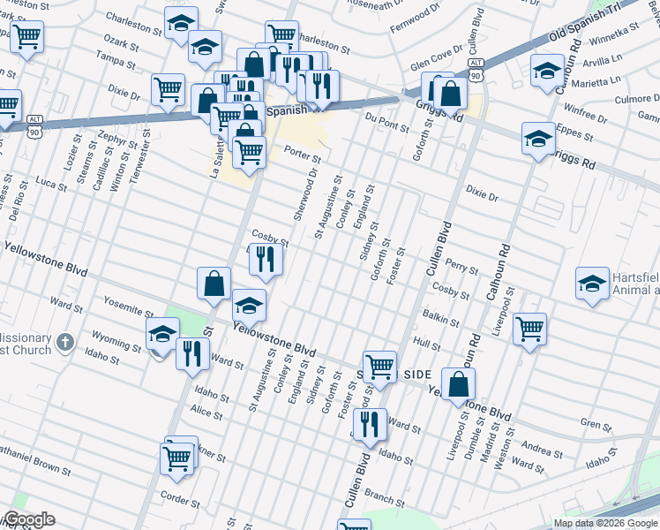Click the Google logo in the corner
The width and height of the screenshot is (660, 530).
pyautogui.click(x=28, y=519)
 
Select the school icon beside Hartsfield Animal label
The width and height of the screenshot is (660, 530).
pyautogui.click(x=592, y=284)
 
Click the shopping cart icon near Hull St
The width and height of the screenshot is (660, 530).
pyautogui.click(x=529, y=329)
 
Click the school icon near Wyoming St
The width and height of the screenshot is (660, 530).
pyautogui.click(x=162, y=336)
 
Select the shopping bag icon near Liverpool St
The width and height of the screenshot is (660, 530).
pyautogui.click(x=458, y=384)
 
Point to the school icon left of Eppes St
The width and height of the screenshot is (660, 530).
pyautogui.click(x=537, y=139)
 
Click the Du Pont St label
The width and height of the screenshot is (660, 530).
pyautogui.click(x=383, y=119)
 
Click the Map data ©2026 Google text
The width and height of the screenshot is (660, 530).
pyautogui.click(x=605, y=523)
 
